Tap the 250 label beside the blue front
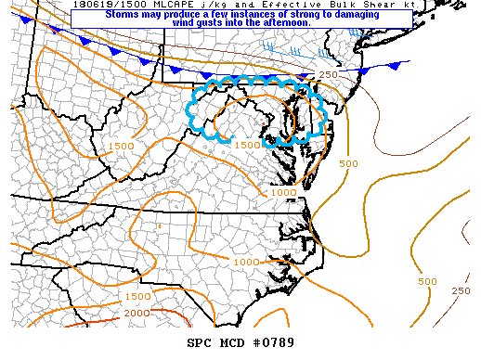(328, 75)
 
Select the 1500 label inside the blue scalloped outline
(246, 145)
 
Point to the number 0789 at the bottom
(277, 343)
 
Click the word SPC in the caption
(201, 343)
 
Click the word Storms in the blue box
(123, 15)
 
